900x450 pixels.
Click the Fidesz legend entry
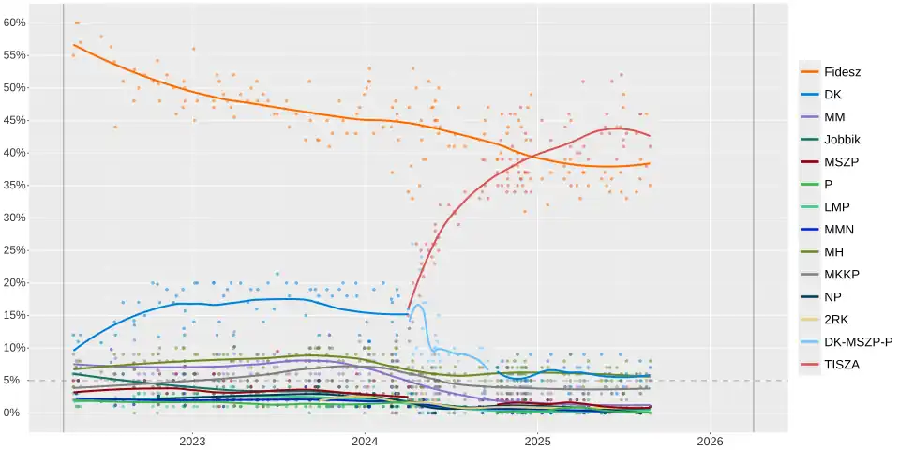(x=842, y=71)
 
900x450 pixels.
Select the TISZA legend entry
(x=841, y=364)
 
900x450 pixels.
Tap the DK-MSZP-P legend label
(x=858, y=341)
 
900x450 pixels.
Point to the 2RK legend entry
(x=836, y=319)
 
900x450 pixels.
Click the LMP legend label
(x=837, y=206)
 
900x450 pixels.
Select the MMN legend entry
(x=839, y=229)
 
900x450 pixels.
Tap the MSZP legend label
(x=841, y=161)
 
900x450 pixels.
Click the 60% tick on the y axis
(x=15, y=22)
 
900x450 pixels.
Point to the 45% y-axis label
(x=15, y=120)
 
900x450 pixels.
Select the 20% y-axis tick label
(x=15, y=282)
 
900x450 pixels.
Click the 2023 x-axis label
(x=192, y=441)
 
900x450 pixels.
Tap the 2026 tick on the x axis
(x=710, y=441)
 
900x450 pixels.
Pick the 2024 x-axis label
(x=365, y=441)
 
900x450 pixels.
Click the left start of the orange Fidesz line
(x=73, y=45)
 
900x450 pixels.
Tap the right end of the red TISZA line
(x=650, y=136)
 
